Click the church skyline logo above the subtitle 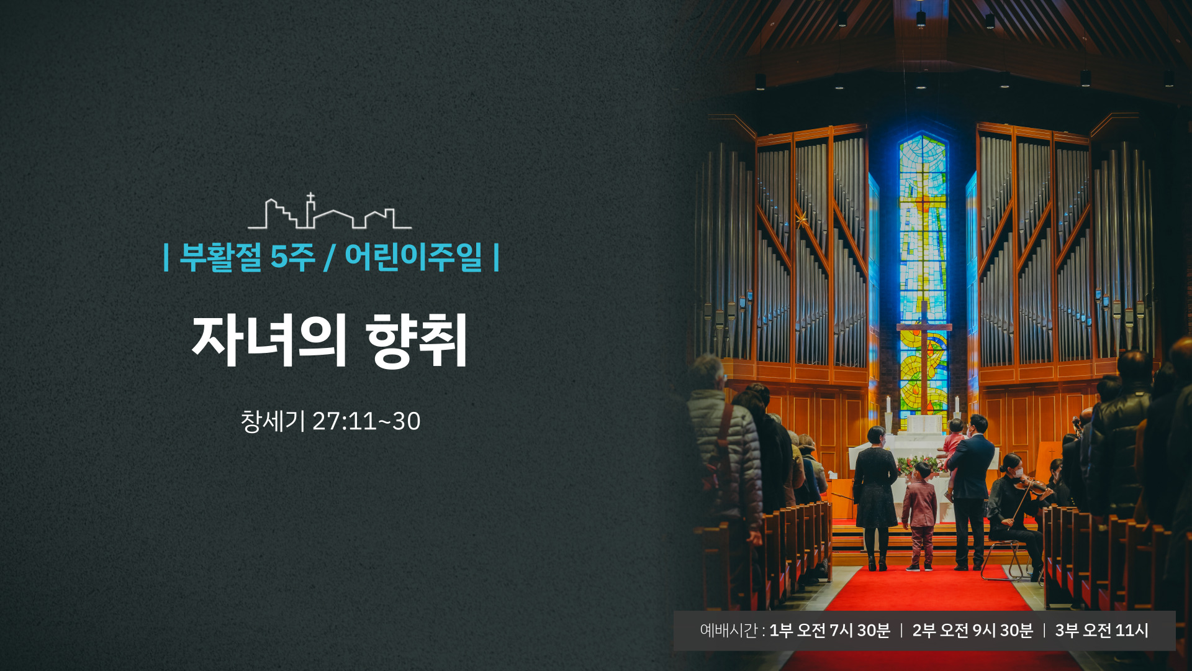[329, 211]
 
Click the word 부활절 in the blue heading [221, 257]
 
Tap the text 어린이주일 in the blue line [413, 257]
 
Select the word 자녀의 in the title [268, 340]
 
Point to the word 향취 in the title [417, 340]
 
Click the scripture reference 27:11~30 [366, 421]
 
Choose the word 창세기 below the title [273, 421]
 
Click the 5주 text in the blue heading [293, 257]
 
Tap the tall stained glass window [923, 273]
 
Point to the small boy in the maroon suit [919, 516]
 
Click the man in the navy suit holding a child [970, 491]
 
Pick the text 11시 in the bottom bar [1131, 631]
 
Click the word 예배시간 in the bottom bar [729, 631]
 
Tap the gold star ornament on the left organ [801, 219]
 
